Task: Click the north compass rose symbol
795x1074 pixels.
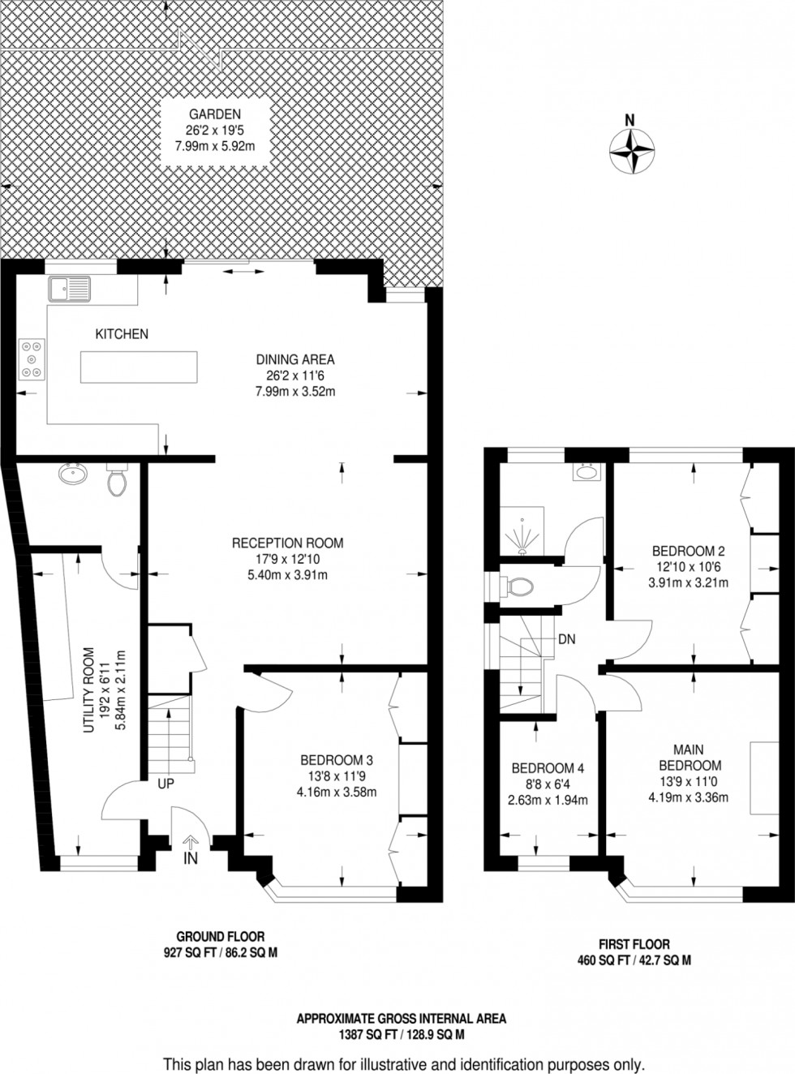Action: click(x=631, y=151)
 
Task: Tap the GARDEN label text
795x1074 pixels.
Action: click(x=211, y=114)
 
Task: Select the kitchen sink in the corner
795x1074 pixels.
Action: click(x=70, y=287)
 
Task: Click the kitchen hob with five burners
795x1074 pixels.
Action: click(x=31, y=358)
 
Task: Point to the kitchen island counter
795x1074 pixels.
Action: click(x=138, y=367)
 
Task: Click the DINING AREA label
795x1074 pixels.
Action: click(x=295, y=359)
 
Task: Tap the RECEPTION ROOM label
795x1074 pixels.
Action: click(x=287, y=543)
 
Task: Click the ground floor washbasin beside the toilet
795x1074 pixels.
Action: click(x=73, y=473)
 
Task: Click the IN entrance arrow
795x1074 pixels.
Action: click(x=191, y=849)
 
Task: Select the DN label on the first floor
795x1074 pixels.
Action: click(x=566, y=639)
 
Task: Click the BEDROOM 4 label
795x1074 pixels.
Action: click(x=548, y=768)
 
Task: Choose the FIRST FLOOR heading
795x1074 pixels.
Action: click(x=634, y=944)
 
